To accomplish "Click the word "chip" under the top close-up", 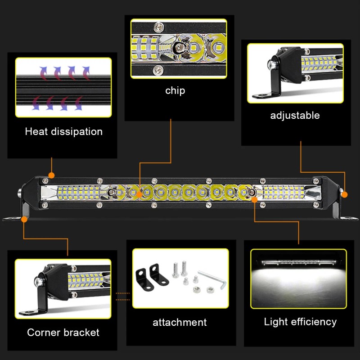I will (x=175, y=90).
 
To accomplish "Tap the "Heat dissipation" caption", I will (x=63, y=132).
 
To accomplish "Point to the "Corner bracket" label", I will (x=63, y=333).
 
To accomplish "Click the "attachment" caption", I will (x=180, y=322).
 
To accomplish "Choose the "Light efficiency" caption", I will (x=300, y=321).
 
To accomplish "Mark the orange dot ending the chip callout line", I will (x=139, y=194).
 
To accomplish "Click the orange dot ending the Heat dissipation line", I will (x=52, y=174).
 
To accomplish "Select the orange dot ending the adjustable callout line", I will (x=344, y=194).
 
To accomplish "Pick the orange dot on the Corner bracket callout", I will (x=24, y=219).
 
